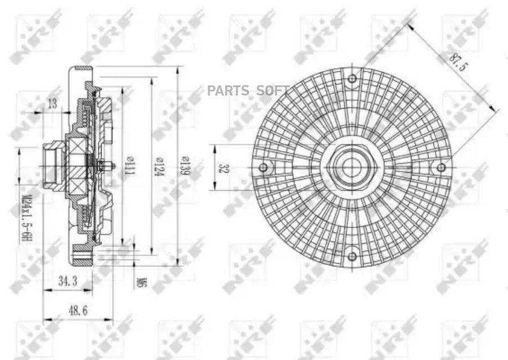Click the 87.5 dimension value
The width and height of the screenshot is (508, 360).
(458, 62)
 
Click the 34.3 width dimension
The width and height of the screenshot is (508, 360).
(68, 282)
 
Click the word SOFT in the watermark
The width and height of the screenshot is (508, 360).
(273, 90)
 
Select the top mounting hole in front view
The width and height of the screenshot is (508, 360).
(352, 79)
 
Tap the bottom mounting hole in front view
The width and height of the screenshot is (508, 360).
(352, 256)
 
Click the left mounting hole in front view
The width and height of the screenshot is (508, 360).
(263, 167)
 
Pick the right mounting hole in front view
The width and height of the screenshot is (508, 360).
(441, 167)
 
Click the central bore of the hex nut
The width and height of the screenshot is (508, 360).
(352, 167)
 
